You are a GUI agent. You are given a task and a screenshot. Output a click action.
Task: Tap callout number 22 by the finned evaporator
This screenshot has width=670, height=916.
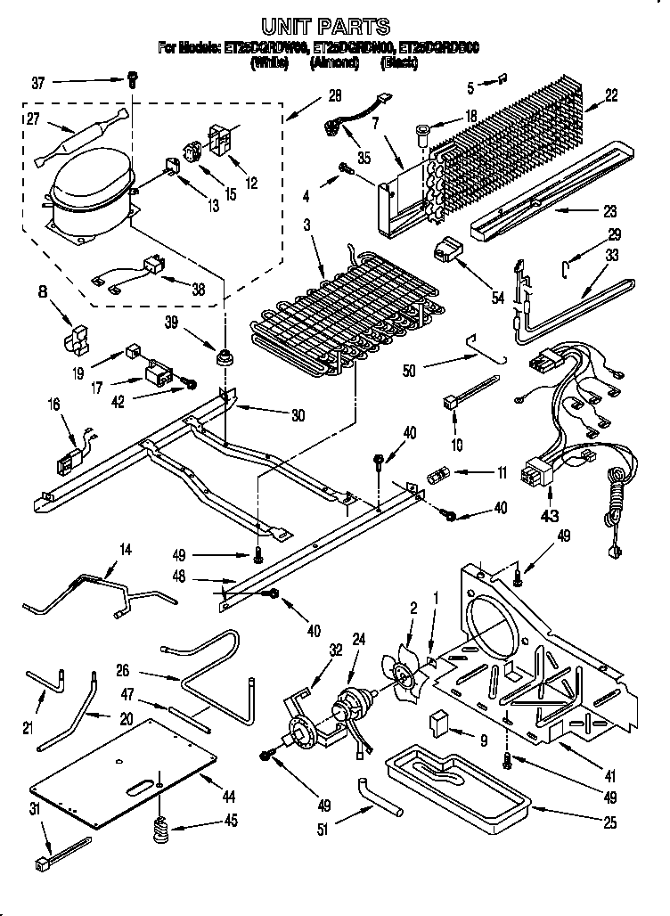611,96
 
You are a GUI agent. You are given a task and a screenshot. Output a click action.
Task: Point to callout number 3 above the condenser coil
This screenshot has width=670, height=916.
306,226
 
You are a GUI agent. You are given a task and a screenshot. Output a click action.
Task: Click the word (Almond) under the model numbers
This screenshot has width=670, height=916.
331,63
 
